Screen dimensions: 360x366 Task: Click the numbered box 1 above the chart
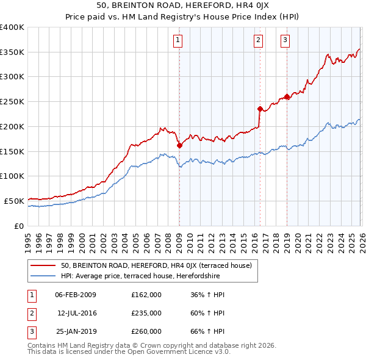178,41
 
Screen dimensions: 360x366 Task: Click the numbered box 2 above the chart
259,41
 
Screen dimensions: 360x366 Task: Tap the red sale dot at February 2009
179,145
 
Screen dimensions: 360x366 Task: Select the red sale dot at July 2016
260,109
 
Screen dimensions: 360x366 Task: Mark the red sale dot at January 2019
287,96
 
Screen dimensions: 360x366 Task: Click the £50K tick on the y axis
14,201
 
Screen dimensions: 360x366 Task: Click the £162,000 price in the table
146,295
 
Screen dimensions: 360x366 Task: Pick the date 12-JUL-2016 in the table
77,313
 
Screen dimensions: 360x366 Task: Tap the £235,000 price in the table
146,313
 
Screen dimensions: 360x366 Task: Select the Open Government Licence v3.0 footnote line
129,352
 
